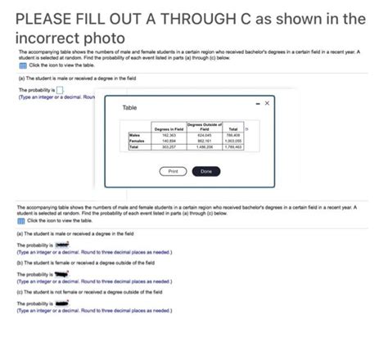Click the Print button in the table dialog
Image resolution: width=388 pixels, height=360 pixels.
coord(171,172)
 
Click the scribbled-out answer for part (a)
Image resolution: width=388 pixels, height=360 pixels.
coord(63,245)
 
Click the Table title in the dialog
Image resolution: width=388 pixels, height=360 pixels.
coord(130,108)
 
